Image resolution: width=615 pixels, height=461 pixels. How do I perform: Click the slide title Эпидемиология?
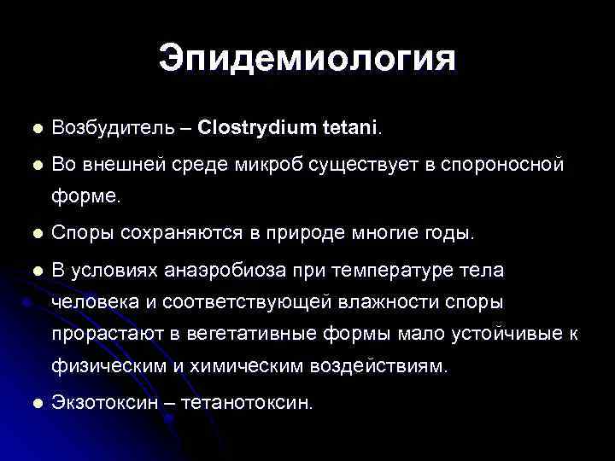point(307,61)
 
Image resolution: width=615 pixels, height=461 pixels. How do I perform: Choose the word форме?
point(87,199)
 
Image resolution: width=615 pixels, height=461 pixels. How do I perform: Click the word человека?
point(93,301)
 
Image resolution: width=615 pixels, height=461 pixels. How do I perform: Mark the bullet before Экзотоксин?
point(35,401)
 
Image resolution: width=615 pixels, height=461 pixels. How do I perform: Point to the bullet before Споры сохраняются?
point(35,233)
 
